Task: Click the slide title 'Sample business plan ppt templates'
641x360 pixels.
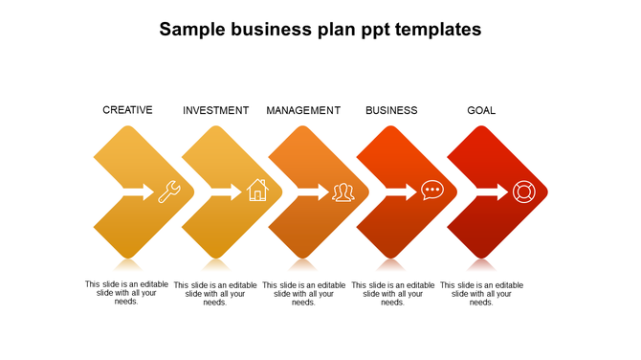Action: (320, 30)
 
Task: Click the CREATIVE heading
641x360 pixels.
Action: (127, 110)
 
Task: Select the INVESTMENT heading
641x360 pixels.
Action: (215, 110)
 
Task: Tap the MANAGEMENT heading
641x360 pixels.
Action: (303, 110)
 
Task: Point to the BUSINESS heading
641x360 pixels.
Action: (391, 110)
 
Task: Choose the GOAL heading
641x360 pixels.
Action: (481, 110)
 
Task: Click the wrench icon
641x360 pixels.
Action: (169, 191)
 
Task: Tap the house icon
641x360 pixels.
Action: (257, 191)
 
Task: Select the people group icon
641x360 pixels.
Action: (343, 192)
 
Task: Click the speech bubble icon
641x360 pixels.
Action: (432, 191)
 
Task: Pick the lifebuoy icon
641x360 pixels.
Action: (522, 191)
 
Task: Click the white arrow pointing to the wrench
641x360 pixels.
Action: (138, 191)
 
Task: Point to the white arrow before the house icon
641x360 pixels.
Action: (226, 191)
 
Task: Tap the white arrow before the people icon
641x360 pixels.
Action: (313, 191)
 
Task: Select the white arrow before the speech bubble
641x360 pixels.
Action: (402, 191)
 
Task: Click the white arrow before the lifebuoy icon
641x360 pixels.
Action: (491, 191)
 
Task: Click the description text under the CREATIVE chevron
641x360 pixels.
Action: (126, 292)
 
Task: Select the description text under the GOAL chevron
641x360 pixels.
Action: (481, 293)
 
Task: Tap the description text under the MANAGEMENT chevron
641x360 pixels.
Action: (303, 293)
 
